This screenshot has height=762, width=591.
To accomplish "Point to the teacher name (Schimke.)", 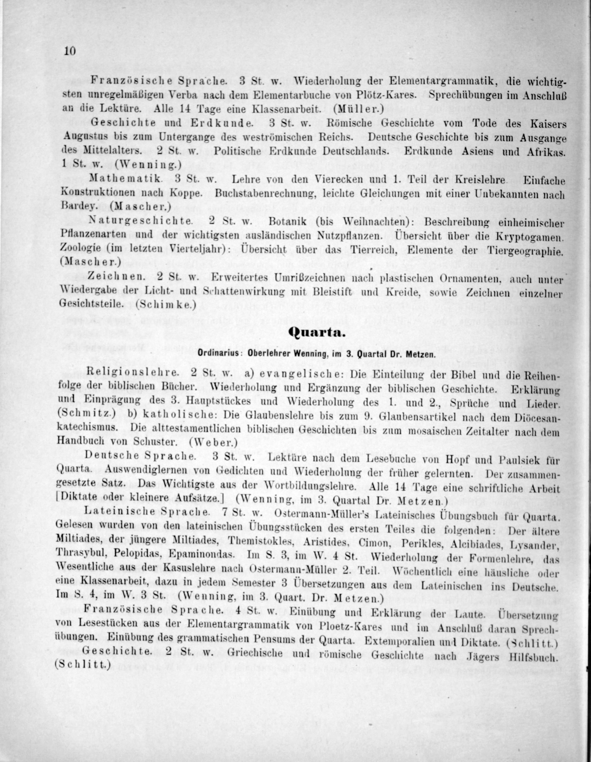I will [x=165, y=304].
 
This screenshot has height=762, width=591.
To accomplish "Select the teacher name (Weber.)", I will [x=213, y=442].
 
